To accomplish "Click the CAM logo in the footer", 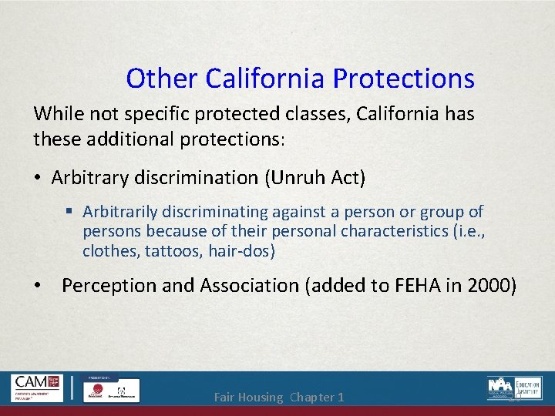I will click(x=37, y=387).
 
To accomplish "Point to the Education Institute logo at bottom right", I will click(x=514, y=387).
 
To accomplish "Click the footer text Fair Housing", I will click(x=249, y=398).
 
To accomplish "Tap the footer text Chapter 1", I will click(x=318, y=398).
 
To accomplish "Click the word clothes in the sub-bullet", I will click(x=106, y=250).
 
